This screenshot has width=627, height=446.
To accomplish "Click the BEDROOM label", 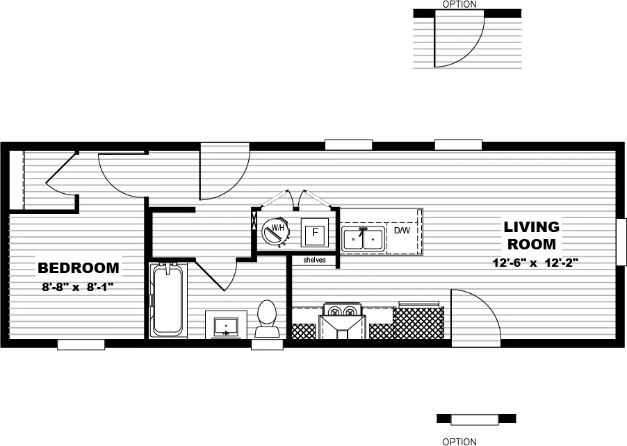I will point(78,268).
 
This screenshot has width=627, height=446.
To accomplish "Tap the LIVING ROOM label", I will point(532,236).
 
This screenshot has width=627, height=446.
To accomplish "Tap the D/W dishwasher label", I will point(402,230).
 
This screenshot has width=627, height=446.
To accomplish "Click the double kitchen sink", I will point(363,239).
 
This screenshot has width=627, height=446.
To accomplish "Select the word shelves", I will point(314,261).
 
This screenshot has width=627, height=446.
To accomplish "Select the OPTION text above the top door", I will point(459,4).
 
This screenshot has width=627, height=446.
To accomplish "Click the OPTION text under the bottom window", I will point(459,441).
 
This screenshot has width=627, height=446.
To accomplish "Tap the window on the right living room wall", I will point(621,242).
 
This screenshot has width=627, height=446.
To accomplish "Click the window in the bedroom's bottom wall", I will point(81,344).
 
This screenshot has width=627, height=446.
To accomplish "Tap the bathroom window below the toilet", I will point(268,343).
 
